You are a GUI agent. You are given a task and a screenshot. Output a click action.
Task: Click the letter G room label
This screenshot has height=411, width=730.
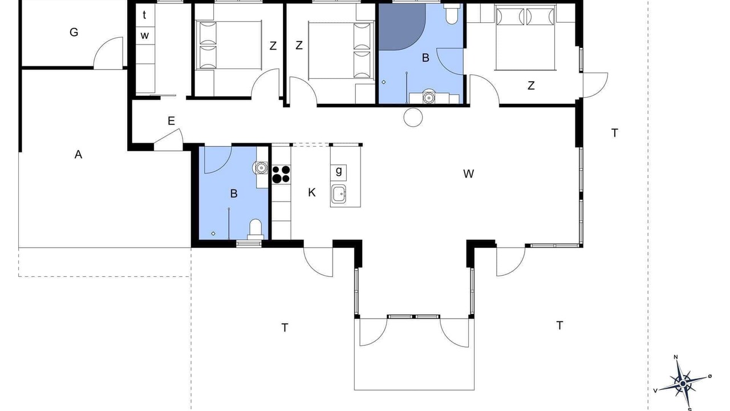point(74,33)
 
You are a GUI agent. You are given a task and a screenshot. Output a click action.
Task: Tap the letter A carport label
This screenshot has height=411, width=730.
point(78,154)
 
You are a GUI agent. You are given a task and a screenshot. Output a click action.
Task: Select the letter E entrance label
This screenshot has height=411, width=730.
point(171,121)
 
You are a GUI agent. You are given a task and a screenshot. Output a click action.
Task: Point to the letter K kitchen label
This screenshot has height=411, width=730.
point(311,192)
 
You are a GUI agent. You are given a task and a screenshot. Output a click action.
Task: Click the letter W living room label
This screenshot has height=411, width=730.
point(468,174)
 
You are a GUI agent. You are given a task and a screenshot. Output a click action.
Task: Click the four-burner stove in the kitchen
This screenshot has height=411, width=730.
point(281,174)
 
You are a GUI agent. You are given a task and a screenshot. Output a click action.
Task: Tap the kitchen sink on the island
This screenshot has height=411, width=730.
point(339,194)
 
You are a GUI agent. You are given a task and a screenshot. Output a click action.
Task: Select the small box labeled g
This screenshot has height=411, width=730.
point(339,172)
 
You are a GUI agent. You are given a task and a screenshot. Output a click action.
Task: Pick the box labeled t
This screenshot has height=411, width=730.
point(145,15)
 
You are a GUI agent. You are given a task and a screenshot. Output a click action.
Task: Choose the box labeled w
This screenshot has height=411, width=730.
point(145,35)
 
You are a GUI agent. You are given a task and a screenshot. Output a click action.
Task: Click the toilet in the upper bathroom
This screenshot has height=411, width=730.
point(451,14)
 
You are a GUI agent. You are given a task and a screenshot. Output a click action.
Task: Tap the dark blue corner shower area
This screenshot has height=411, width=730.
point(399,26)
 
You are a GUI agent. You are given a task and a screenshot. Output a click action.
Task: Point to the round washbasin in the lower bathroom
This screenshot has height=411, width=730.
point(261,168)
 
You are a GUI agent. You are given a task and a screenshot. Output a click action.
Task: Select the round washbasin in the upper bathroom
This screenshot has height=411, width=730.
point(428,97)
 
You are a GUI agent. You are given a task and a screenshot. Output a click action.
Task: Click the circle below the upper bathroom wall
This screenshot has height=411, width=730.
point(413,117)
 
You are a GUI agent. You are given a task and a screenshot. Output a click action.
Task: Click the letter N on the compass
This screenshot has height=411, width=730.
point(676,357)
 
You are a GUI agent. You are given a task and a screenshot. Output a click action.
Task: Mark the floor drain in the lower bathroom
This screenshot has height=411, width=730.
point(213,233)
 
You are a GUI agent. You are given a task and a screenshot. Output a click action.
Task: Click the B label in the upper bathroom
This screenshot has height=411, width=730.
point(425,58)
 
